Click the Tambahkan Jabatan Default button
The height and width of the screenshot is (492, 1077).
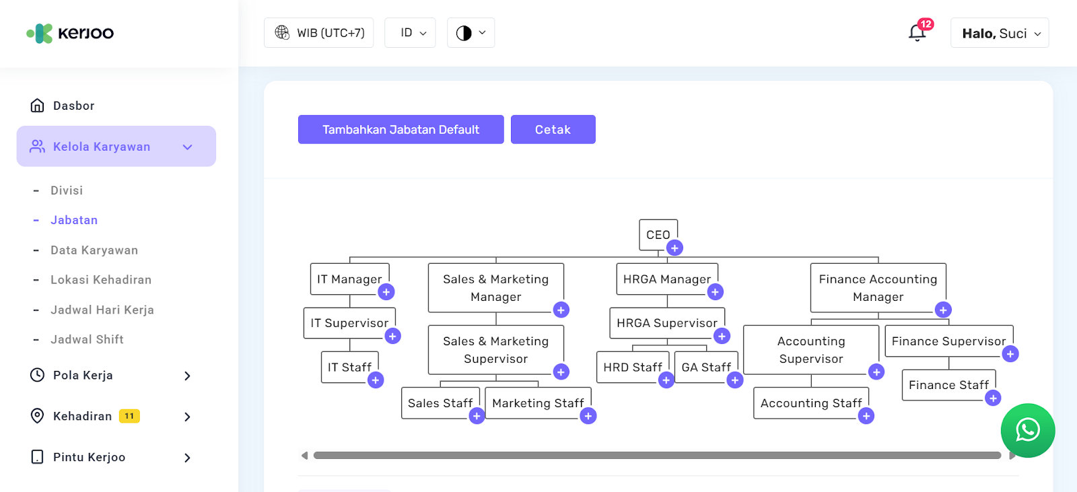point(401,129)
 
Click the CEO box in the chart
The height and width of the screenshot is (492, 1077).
point(657,234)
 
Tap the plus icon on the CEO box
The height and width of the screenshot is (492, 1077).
point(674,248)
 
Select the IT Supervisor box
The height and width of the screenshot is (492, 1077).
point(349,323)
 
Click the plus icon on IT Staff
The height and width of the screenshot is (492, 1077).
point(376,380)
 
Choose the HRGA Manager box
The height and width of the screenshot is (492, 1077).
point(666,279)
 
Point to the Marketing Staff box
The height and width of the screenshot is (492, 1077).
point(537,402)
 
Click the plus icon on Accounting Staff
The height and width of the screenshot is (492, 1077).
point(866,416)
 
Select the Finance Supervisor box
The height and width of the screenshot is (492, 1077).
point(948,341)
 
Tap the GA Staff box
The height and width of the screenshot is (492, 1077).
point(705,367)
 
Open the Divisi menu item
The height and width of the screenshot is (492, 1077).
point(67,190)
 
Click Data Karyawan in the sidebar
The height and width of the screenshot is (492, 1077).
point(94,250)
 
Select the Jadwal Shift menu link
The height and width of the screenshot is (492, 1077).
point(87,340)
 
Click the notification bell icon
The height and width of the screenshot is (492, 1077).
point(917,32)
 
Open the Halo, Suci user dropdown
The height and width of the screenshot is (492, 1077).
point(1000,33)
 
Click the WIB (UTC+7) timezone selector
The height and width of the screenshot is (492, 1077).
point(319,33)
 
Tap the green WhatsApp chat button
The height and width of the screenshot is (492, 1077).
point(1027,430)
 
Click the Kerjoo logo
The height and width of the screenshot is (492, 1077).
point(70,33)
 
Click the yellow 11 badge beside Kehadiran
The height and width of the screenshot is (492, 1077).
point(129,416)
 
